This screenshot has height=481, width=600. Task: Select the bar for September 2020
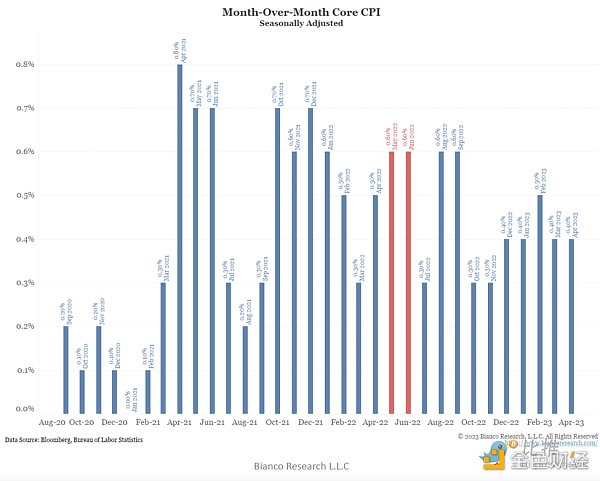click(66, 369)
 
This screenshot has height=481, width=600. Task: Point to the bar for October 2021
click(277, 260)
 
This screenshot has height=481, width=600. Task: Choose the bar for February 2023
click(540, 304)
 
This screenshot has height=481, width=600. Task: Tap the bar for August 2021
click(245, 369)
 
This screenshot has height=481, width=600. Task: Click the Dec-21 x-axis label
click(310, 424)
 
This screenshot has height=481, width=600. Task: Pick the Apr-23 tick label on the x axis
click(571, 424)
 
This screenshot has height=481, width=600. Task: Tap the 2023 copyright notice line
click(527, 437)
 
